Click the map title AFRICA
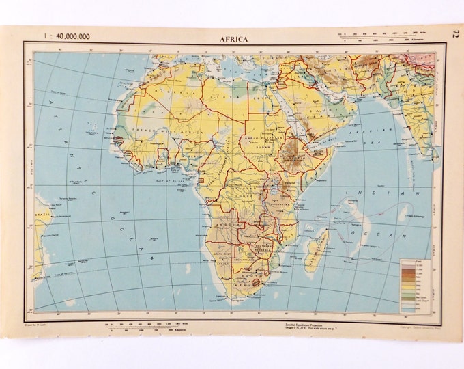(x=234, y=39)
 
